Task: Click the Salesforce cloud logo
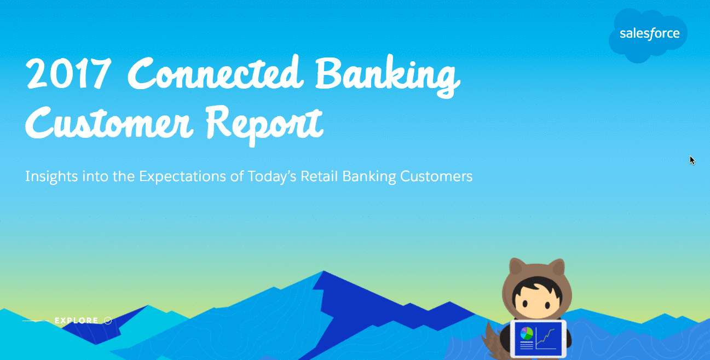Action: coord(648,35)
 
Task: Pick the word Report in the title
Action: coord(264,126)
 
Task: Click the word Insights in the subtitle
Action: coord(51,177)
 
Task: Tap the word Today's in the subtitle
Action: coord(272,177)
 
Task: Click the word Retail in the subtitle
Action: coord(319,176)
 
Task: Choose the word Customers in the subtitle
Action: coord(436,176)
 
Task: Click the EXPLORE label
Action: coord(77,321)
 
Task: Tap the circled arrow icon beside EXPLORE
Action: coord(108,321)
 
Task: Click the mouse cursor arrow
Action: coord(692,160)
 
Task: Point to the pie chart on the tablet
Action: coord(527,333)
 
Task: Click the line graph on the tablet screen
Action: coord(546,338)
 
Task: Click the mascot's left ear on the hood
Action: coord(516,266)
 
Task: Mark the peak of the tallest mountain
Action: coord(324,271)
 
